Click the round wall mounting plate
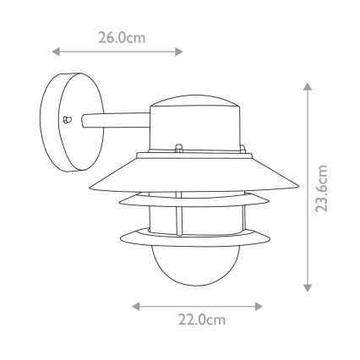[x=62, y=121]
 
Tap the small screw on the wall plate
[x=68, y=120]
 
